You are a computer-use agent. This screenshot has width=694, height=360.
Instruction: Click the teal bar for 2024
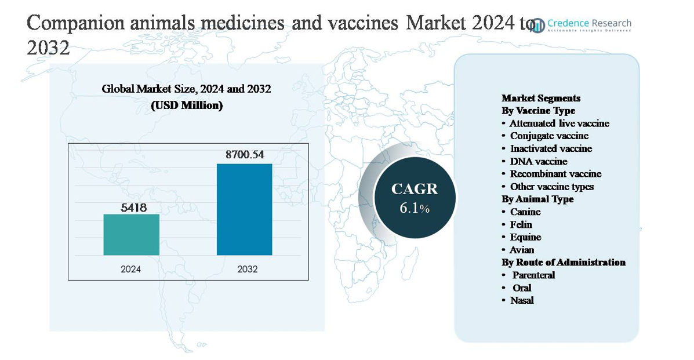pos(131,234)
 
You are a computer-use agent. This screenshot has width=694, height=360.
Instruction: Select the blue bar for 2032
pos(244,209)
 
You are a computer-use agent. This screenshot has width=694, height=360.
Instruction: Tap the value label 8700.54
pos(244,155)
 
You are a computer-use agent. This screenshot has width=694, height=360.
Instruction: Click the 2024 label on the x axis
pos(131,270)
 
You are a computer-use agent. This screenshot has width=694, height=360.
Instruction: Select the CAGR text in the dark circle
pos(414,189)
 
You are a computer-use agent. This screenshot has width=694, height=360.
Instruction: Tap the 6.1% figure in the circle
pos(414,208)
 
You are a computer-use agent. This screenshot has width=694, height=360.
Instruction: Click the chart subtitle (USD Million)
pos(187,106)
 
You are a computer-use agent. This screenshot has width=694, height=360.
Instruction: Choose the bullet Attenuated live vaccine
pos(559,123)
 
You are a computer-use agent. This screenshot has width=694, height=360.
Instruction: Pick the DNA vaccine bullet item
pos(538,161)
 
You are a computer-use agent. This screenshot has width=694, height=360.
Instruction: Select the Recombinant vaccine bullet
pos(555,174)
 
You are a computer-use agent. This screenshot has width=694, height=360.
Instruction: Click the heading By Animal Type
pos(537,199)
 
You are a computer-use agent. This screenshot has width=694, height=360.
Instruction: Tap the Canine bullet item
pos(525,212)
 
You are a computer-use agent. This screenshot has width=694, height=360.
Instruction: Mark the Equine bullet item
pos(525,237)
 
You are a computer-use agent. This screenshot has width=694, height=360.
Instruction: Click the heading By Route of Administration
pos(564,262)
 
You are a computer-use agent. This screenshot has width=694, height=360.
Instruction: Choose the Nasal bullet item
pos(522,300)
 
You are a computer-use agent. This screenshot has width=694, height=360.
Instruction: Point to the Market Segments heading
pos(541,98)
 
